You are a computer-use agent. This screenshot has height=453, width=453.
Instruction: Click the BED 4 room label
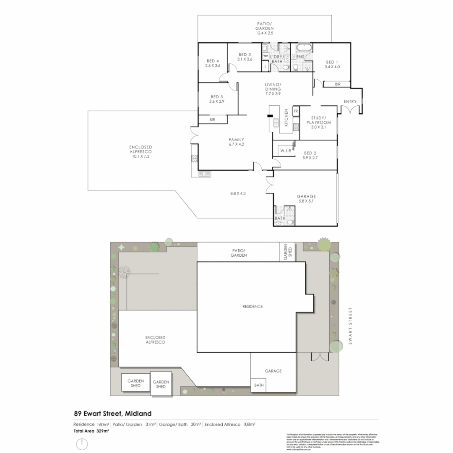[x=213, y=60]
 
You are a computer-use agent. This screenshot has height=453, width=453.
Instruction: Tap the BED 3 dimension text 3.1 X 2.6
[x=245, y=59]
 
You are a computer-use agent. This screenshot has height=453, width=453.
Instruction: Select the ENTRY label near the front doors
[x=350, y=102]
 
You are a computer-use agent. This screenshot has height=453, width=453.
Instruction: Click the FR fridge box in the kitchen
[x=295, y=111]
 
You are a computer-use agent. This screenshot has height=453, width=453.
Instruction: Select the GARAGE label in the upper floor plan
[x=306, y=196]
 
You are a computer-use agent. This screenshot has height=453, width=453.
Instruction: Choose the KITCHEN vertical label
[x=286, y=117]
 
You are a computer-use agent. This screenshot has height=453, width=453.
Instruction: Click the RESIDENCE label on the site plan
[x=253, y=306]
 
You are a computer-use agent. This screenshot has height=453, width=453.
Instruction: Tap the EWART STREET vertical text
[x=350, y=326]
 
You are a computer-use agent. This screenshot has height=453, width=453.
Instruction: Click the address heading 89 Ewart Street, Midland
[x=112, y=414]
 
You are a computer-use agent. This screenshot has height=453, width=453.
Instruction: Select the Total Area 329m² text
[x=91, y=431]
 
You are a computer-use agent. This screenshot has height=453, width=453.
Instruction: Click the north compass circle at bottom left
[x=83, y=443]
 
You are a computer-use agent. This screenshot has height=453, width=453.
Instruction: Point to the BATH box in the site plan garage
[x=258, y=385]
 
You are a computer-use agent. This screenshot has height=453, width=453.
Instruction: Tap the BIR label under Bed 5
[x=213, y=120]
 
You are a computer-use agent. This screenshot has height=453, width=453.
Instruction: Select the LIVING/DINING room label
[x=273, y=89]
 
